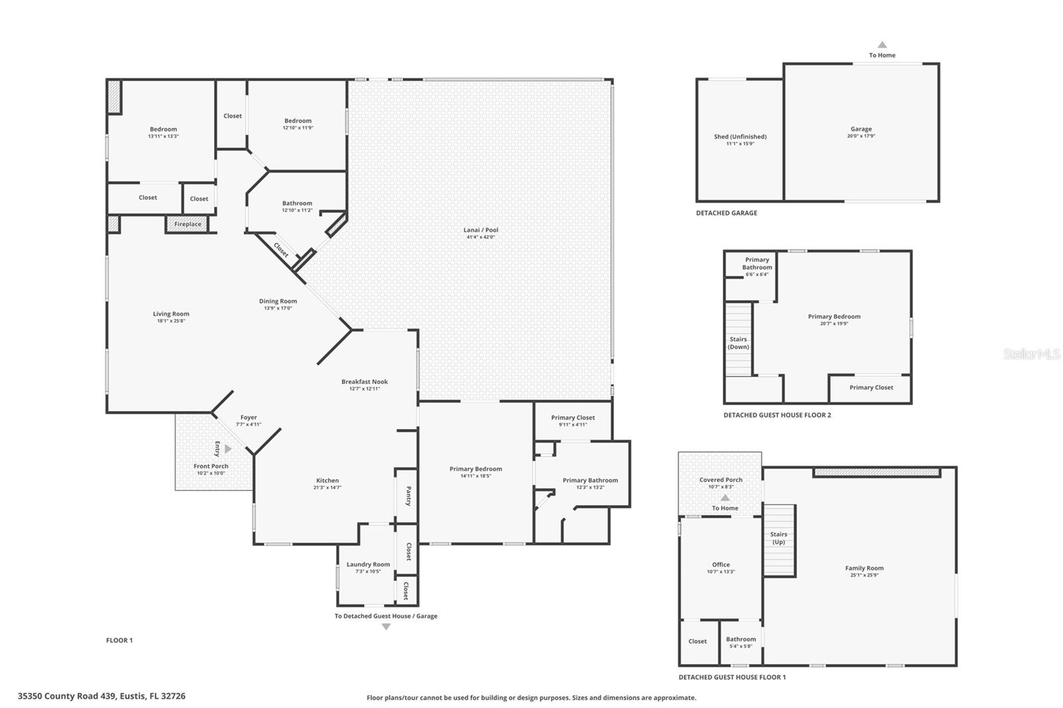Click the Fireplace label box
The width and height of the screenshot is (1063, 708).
tap(187, 224)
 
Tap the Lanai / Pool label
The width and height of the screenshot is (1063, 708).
tap(480, 230)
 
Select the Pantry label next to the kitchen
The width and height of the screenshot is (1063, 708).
tap(408, 495)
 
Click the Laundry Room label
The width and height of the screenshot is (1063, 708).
tap(368, 565)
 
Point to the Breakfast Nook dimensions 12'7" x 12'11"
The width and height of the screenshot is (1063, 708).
tap(365, 389)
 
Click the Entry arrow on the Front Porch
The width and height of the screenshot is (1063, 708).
tap(228, 449)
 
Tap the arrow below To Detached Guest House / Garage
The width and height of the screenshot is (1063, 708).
tap(386, 627)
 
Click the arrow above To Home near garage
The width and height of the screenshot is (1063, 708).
tap(882, 45)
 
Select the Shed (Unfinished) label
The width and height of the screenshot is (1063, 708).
tap(740, 137)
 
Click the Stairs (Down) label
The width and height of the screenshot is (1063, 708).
tap(738, 343)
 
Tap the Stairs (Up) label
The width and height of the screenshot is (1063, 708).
tap(779, 538)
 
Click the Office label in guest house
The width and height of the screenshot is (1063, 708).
tap(721, 565)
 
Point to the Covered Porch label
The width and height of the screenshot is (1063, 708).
tap(721, 480)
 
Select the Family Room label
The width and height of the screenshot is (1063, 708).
tap(864, 568)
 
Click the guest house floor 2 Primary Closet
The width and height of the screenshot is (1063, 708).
tap(871, 387)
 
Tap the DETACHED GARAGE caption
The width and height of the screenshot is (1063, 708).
tap(726, 213)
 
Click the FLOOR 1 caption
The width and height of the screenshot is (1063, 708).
tap(120, 640)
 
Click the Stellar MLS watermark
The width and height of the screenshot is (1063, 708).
tap(1032, 354)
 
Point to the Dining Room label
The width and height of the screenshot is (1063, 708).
tap(278, 301)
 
